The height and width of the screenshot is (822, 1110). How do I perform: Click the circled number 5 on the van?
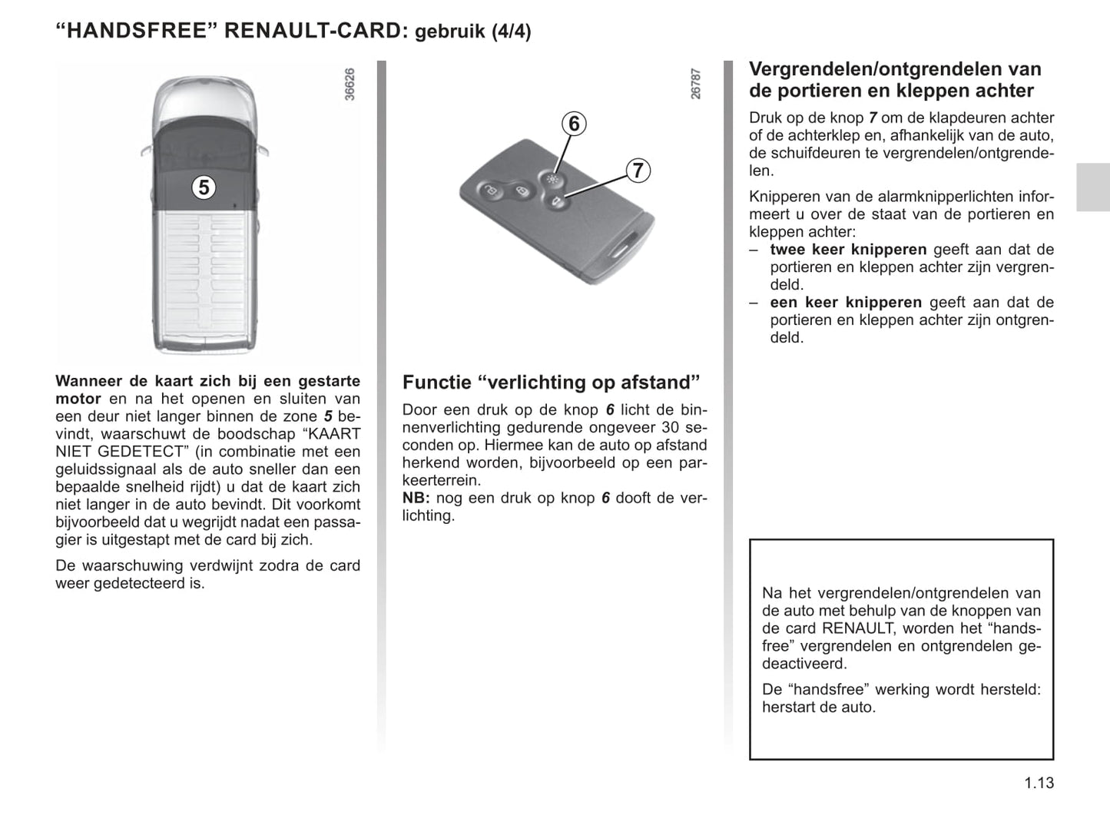coord(203,187)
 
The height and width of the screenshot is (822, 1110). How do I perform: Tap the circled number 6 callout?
coord(574,124)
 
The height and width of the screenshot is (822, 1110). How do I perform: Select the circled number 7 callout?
coord(638,170)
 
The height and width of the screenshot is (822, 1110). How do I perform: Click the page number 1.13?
coord(1039,783)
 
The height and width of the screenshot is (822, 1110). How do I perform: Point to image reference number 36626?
coord(350,85)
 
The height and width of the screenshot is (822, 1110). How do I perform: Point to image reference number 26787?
coord(696,85)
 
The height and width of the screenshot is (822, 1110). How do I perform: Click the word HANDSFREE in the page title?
coord(136,31)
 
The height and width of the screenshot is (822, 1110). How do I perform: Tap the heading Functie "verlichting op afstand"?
coord(552,383)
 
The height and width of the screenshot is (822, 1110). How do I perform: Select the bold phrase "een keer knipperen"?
coord(846,303)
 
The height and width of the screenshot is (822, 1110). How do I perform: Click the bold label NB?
coord(416,498)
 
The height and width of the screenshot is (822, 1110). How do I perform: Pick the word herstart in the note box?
coord(789,707)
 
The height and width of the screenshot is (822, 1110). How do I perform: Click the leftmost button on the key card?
coord(489,190)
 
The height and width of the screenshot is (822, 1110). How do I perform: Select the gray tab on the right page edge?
coord(1092,187)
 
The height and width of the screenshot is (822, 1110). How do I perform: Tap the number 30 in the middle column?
coord(670,428)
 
